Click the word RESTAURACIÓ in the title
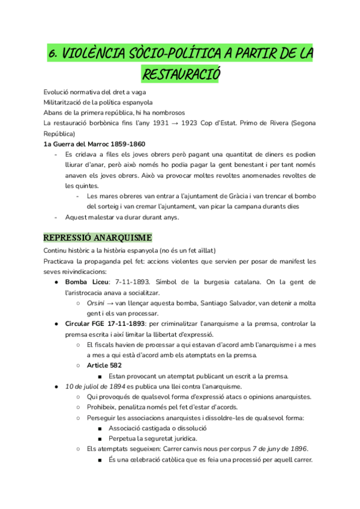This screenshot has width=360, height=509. pyautogui.click(x=181, y=74)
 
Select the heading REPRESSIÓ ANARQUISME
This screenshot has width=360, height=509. pyautogui.click(x=98, y=237)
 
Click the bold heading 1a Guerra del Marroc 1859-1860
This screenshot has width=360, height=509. pyautogui.click(x=94, y=144)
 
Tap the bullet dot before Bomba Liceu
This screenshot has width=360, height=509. pyautogui.click(x=56, y=282)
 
